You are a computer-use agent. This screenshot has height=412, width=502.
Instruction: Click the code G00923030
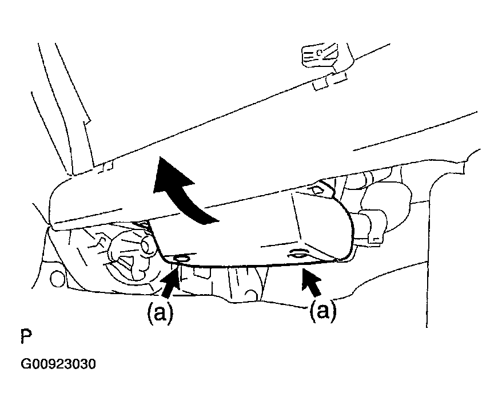point(58,364)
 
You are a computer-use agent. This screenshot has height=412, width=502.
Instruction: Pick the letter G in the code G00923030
point(26,364)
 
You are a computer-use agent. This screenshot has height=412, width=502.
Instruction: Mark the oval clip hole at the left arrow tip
point(182,259)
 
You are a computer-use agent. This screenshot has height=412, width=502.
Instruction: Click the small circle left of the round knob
point(56,279)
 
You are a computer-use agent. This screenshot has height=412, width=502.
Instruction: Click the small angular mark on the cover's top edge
point(315,188)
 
